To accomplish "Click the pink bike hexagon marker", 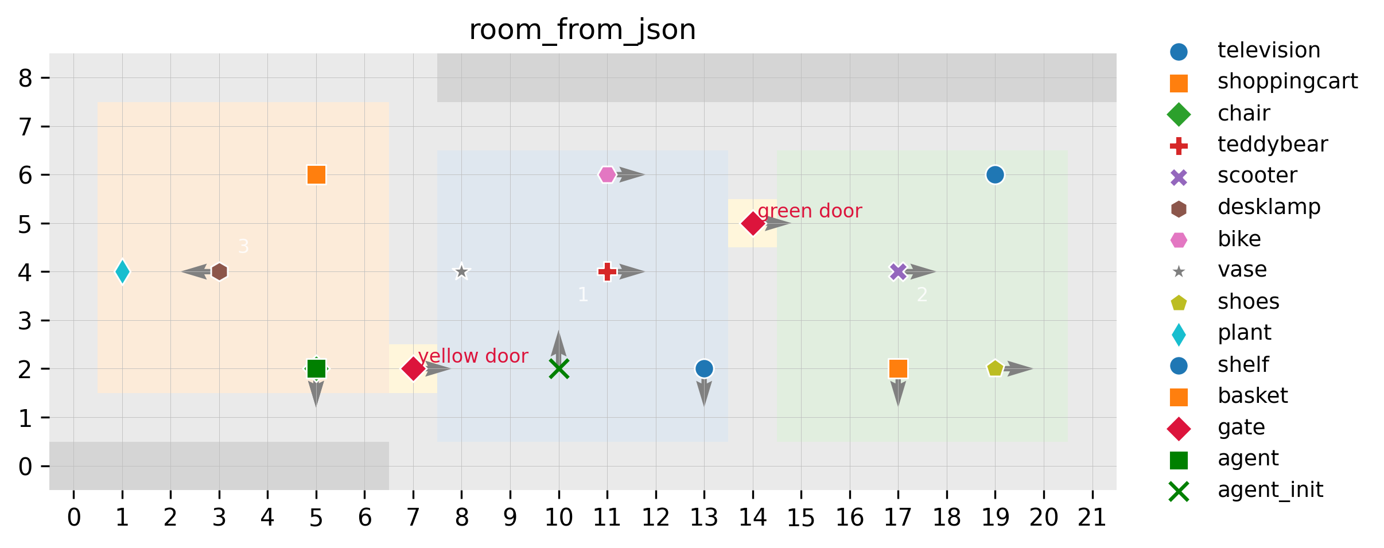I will click(x=607, y=174).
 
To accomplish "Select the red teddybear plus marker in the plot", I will click(x=607, y=271).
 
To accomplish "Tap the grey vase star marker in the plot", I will click(x=461, y=271).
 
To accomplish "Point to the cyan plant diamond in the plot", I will click(x=122, y=271).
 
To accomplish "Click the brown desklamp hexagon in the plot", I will click(x=219, y=271).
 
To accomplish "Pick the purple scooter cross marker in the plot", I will click(x=898, y=271).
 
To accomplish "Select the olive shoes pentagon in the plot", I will click(x=995, y=368).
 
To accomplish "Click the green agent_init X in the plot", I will click(x=558, y=368).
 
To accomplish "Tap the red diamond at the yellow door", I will click(x=413, y=368).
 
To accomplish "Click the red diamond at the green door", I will click(x=752, y=223).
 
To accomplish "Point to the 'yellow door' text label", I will click(x=473, y=356).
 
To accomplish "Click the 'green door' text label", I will click(x=810, y=211).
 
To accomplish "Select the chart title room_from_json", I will click(x=582, y=30).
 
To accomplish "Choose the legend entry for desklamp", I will click(x=1269, y=207).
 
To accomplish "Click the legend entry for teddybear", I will click(x=1272, y=145).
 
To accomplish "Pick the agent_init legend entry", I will click(x=1270, y=490).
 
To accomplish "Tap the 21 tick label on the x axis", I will click(x=1092, y=518).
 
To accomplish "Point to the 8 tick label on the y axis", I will click(x=25, y=78).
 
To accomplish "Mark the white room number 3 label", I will click(x=243, y=246).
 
